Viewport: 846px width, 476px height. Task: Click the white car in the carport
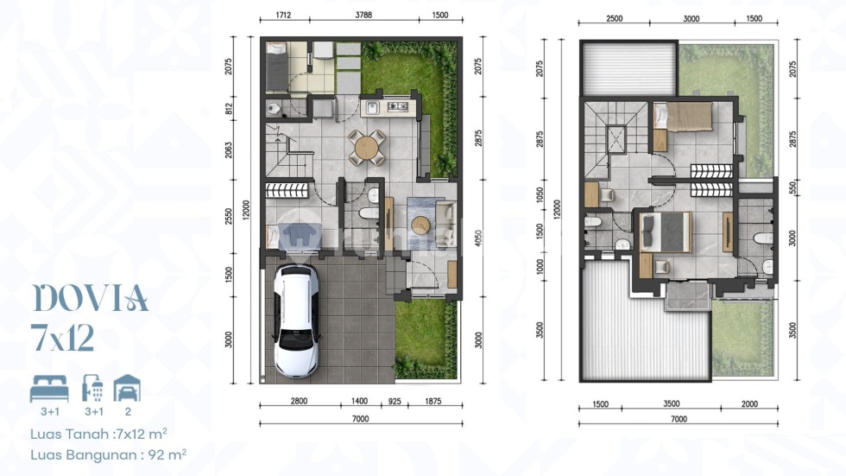pos(297,321)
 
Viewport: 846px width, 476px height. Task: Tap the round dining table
pos(367,148)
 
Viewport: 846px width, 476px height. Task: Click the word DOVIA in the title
pos(91,298)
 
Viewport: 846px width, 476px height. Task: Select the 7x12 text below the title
pos(62,339)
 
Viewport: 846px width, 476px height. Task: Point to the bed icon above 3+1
pos(49,389)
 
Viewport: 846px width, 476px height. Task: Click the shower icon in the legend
pos(93,389)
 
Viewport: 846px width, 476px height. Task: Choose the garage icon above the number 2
pos(128,389)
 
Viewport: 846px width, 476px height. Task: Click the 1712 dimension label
pos(284,15)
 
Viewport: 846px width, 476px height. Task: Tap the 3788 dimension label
pos(363,15)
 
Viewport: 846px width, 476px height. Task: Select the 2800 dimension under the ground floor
pos(299,401)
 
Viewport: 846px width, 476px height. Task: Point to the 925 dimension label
pos(395,401)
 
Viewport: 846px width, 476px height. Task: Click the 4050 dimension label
pos(478,238)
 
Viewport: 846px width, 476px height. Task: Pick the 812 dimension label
pos(229,109)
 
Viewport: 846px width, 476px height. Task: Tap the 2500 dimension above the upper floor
pos(614,18)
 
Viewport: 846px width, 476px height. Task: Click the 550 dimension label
pos(792,187)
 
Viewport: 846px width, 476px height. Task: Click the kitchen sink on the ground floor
pos(372,108)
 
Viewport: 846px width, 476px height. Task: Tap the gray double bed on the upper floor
pos(666,232)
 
